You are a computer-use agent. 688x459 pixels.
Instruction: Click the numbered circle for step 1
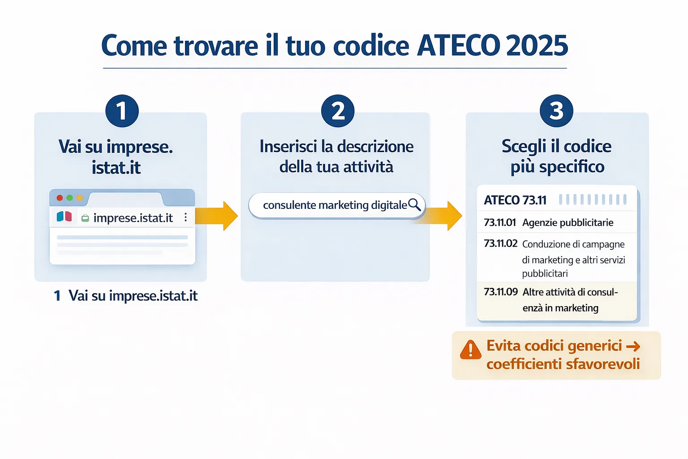[122, 111]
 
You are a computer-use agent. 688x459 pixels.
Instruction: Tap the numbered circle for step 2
[338, 111]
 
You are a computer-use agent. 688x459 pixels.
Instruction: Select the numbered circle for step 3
[556, 111]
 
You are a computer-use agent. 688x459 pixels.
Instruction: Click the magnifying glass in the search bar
[414, 204]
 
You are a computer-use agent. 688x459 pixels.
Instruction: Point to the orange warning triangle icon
[470, 350]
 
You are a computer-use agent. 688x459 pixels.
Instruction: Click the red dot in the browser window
[60, 198]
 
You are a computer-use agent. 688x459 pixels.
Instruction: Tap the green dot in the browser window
[69, 198]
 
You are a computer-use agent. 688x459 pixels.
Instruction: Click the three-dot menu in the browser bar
[185, 217]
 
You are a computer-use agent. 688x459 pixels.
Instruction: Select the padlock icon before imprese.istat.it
[85, 218]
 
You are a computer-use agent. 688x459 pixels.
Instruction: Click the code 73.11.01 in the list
[500, 222]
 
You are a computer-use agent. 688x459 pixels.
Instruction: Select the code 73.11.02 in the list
[500, 243]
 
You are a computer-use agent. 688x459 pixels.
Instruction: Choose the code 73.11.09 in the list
[501, 292]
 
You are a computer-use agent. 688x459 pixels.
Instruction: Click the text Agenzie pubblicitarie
[568, 223]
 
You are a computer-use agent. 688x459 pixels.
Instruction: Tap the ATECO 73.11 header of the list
[515, 200]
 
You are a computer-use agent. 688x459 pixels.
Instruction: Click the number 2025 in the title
[537, 46]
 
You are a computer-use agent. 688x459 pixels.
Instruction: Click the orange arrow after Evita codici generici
[633, 346]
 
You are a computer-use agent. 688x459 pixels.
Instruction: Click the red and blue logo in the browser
[64, 217]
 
